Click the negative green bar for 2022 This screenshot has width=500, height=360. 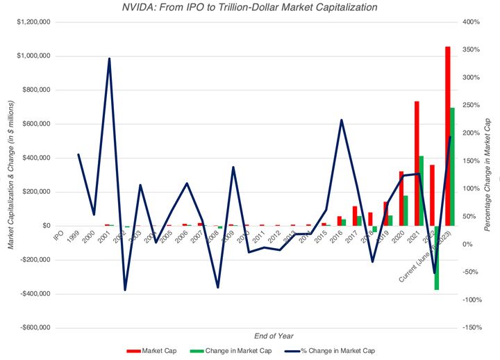pyautogui.click(x=437, y=257)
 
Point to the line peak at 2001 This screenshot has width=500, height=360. pyautogui.click(x=109, y=59)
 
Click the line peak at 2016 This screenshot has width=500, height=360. pyautogui.click(x=341, y=120)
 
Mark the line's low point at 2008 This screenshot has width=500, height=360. pyautogui.click(x=217, y=287)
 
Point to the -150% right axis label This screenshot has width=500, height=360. pyautogui.click(x=472, y=327)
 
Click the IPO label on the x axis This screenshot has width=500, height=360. pyautogui.click(x=60, y=236)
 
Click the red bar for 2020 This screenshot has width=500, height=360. pyautogui.click(x=401, y=198)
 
